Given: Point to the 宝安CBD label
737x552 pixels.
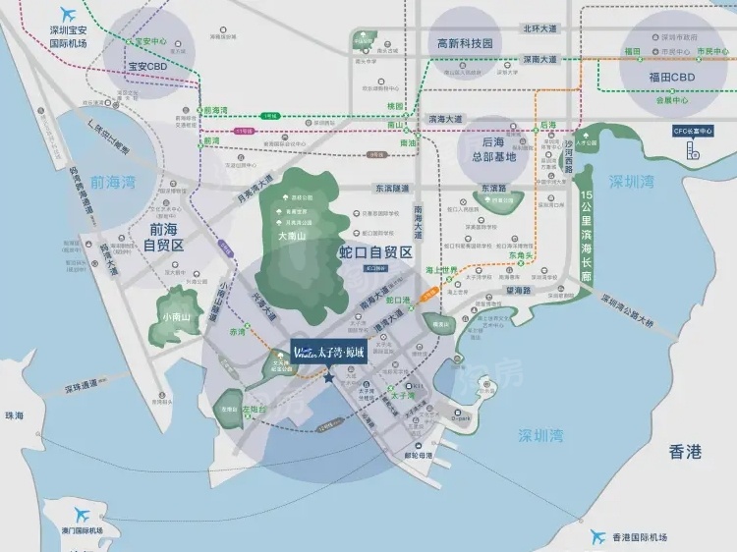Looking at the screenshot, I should pos(147,67).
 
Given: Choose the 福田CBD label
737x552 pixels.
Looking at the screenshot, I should pos(672,77).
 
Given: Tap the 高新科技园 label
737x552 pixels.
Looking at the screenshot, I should pos(464,43).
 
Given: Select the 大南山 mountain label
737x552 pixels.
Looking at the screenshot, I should pos(295,237).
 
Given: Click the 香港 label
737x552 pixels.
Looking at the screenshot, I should pos(685,452).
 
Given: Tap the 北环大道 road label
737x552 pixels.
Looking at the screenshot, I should pos(539,28).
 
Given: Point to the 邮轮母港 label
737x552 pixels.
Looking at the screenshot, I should pos(420,456).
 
